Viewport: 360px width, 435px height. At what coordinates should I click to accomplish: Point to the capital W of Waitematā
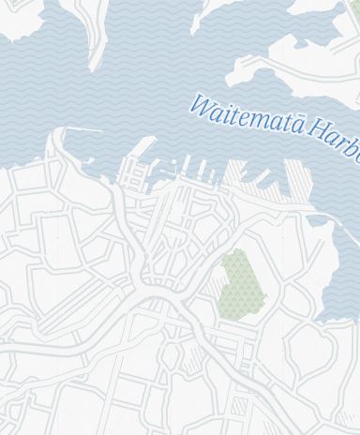[x=201, y=103]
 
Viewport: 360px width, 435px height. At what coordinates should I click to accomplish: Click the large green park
[x=242, y=283]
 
